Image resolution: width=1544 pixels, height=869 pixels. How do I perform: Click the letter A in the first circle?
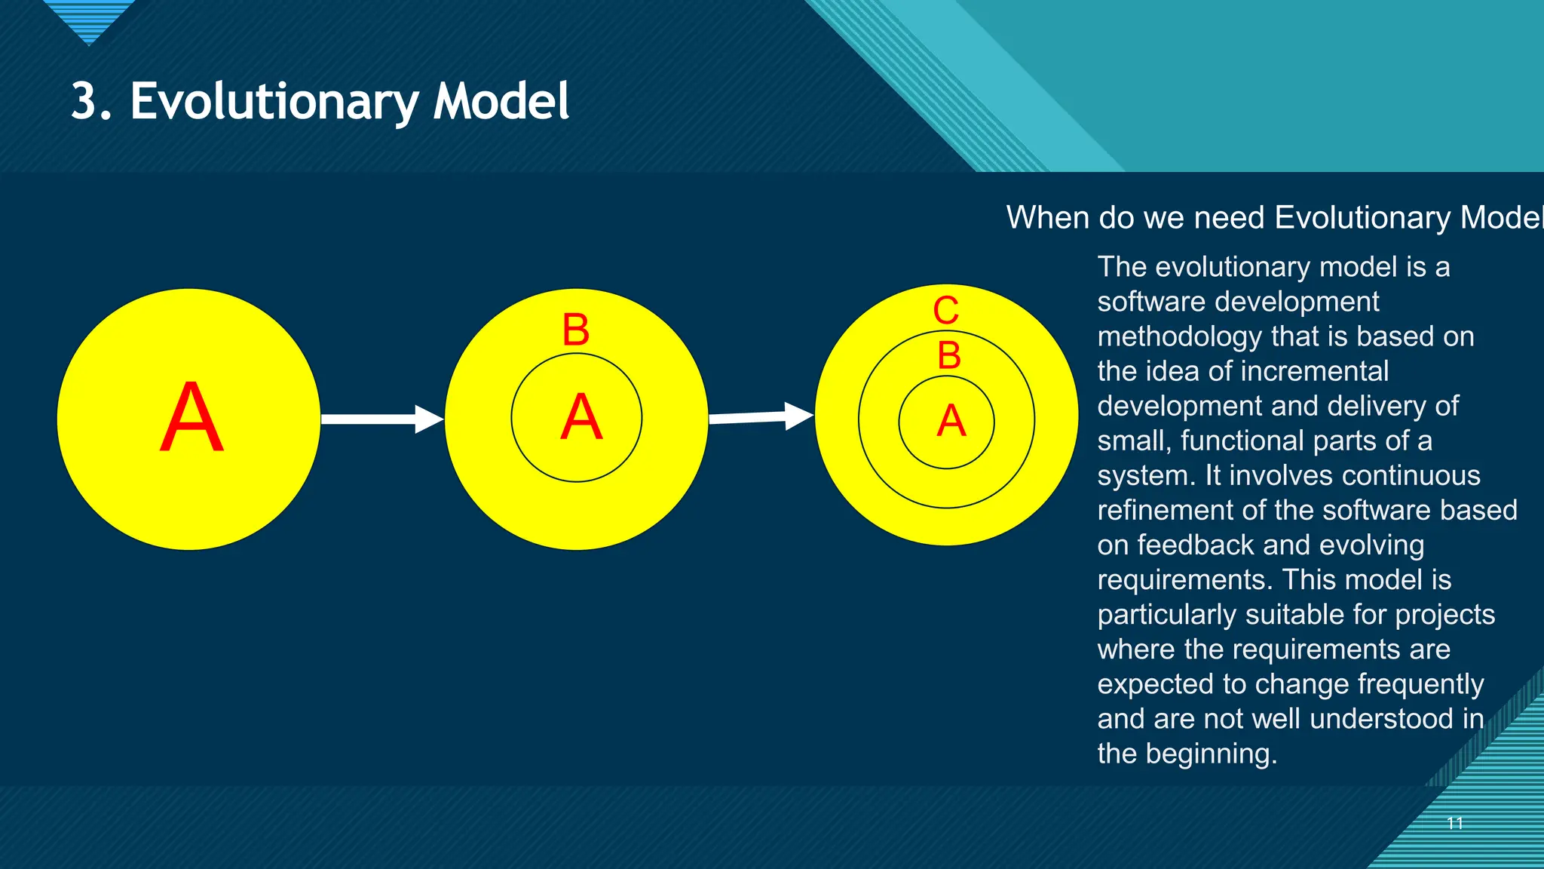[191, 417]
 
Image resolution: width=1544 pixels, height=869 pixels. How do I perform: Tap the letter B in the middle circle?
[576, 330]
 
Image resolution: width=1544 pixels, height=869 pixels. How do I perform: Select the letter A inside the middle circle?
[581, 417]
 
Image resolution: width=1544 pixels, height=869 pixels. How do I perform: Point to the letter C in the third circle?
[946, 311]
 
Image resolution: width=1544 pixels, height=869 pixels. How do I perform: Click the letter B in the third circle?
[949, 355]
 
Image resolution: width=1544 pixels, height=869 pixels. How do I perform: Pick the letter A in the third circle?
[951, 421]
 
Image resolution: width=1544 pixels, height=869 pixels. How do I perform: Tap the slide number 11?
[1455, 823]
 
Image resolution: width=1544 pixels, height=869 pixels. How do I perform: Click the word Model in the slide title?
[501, 102]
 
